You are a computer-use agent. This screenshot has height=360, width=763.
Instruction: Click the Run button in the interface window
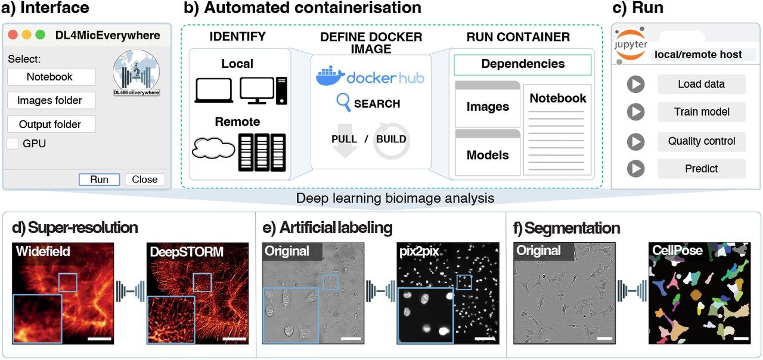(x=99, y=179)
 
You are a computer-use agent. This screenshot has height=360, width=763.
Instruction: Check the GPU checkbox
(x=13, y=144)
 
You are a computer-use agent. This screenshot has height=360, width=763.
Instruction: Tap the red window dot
(x=13, y=35)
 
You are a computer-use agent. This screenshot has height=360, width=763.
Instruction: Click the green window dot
(x=40, y=35)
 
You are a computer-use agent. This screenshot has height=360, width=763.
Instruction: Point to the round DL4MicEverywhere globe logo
(x=137, y=72)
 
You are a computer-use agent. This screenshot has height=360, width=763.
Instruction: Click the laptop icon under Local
(x=214, y=90)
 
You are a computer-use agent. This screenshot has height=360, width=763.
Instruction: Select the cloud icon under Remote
(x=213, y=148)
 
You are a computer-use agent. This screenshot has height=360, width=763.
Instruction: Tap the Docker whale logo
(x=330, y=76)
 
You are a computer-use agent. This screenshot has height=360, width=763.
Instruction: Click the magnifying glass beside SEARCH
(x=343, y=102)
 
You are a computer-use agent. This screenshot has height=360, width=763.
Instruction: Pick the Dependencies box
(x=523, y=65)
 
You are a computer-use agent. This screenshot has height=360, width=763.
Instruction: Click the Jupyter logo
(x=631, y=45)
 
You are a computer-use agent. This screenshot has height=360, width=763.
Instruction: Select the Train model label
(x=702, y=111)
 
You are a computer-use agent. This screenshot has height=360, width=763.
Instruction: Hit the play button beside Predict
(x=635, y=169)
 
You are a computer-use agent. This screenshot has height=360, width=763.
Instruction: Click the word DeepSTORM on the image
(x=187, y=252)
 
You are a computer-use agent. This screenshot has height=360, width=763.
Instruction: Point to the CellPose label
(x=677, y=251)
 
